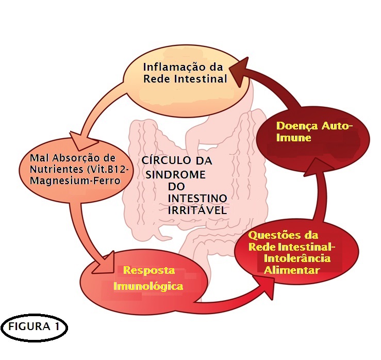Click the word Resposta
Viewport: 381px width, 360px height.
click(x=149, y=270)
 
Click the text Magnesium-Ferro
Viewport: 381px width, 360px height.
click(x=75, y=181)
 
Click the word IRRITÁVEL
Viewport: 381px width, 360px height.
click(x=197, y=210)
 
